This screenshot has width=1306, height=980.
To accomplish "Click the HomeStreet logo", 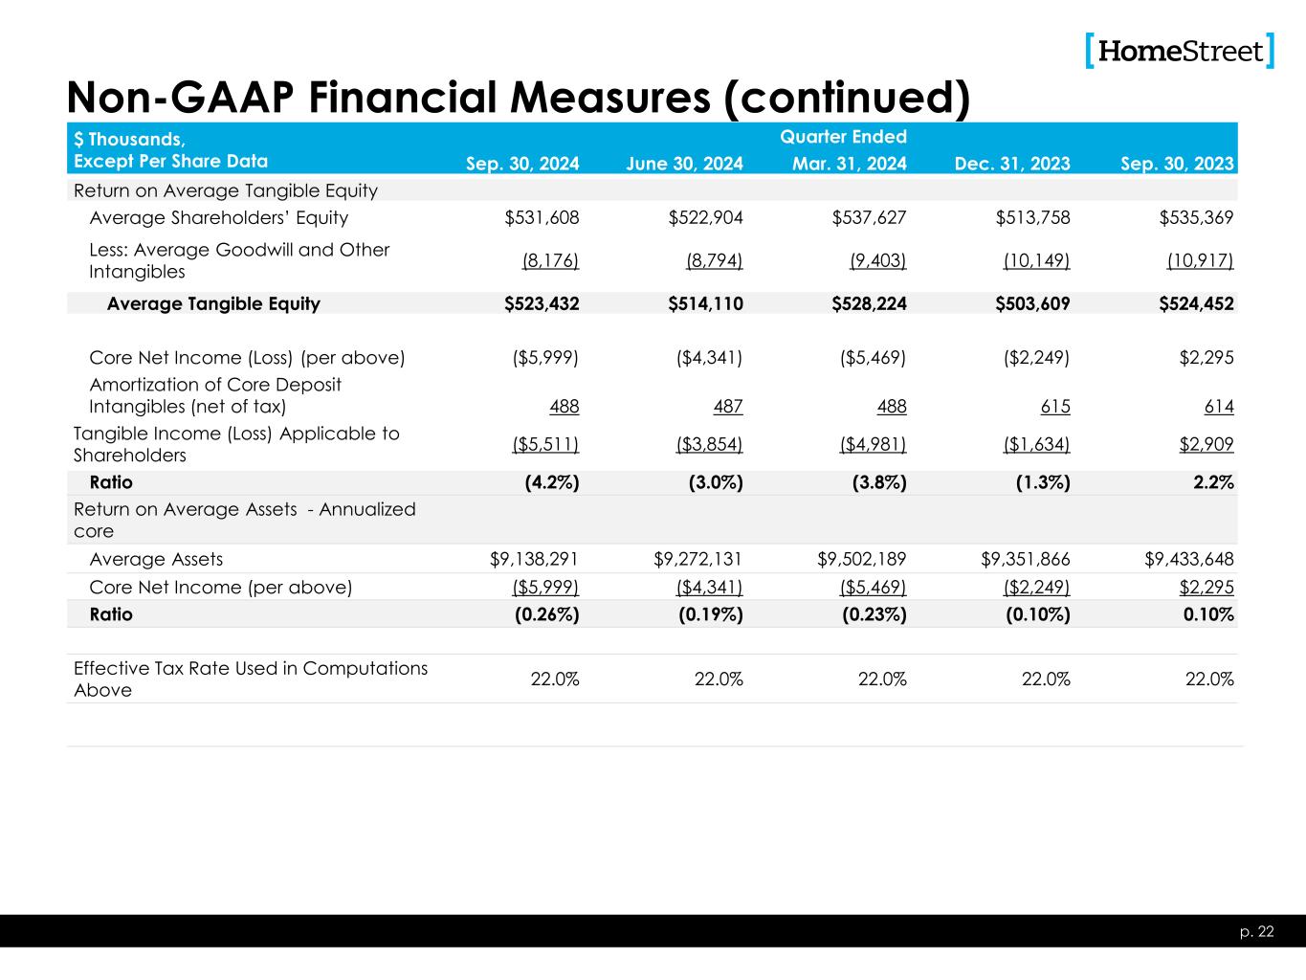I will pyautogui.click(x=1180, y=51).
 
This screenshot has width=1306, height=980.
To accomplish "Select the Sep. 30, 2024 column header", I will pyautogui.click(x=522, y=164).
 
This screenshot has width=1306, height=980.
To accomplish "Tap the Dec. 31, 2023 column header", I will pyautogui.click(x=1012, y=164).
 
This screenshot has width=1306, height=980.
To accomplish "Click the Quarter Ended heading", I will pyautogui.click(x=843, y=137).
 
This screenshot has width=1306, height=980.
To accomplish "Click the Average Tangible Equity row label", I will pyautogui.click(x=213, y=303).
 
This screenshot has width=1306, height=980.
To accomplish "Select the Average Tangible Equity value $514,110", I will pyautogui.click(x=705, y=303).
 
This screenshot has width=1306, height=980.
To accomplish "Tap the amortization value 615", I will pyautogui.click(x=1054, y=407).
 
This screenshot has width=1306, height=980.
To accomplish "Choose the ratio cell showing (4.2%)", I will pyautogui.click(x=552, y=482).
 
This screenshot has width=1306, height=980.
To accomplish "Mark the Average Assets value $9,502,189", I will pyautogui.click(x=855, y=559).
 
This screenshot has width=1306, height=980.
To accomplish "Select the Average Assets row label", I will pyautogui.click(x=156, y=559).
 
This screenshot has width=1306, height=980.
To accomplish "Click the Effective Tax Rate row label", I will pyautogui.click(x=251, y=679).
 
